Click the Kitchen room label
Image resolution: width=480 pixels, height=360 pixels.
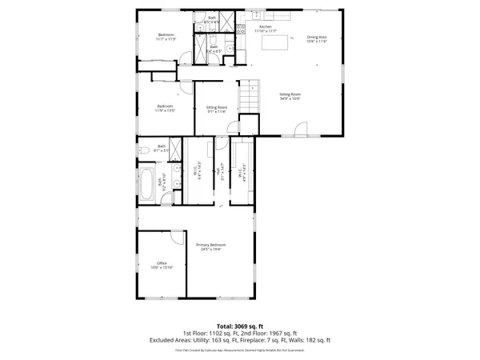pyautogui.click(x=265, y=27)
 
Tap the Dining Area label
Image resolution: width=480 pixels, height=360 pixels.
pyautogui.click(x=318, y=36)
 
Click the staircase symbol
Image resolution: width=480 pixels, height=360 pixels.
pyautogui.click(x=251, y=97)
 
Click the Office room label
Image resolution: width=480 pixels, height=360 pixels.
pyautogui.click(x=162, y=263)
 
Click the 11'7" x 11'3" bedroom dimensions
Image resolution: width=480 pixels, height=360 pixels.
pyautogui.click(x=166, y=39)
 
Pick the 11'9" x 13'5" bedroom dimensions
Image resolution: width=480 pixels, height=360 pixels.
pyautogui.click(x=166, y=110)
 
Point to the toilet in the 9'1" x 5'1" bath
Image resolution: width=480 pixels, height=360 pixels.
pyautogui.click(x=142, y=150)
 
